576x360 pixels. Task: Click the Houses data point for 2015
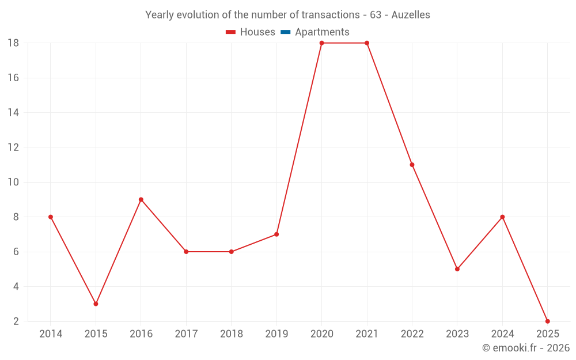point(96,304)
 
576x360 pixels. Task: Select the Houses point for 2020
point(321,43)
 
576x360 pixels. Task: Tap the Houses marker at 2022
point(412,165)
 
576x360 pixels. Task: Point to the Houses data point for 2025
point(547,321)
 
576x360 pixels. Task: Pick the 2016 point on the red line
point(141,199)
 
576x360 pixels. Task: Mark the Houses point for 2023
point(457,269)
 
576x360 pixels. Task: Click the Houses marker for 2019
point(276,234)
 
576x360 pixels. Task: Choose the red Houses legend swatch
point(231,32)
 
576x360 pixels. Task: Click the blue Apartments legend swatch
point(285,32)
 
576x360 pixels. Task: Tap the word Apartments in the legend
point(322,32)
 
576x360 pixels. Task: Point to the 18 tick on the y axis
point(13,43)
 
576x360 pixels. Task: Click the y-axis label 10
point(13,182)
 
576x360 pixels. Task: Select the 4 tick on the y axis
point(16,286)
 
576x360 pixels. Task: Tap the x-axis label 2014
point(51,334)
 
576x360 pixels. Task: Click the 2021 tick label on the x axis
point(367,334)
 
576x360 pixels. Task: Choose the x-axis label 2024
point(502,334)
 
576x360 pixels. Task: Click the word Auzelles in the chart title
point(411,15)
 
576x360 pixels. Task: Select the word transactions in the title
point(330,15)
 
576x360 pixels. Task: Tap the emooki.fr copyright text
point(526,348)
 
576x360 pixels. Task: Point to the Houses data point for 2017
point(186,252)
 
